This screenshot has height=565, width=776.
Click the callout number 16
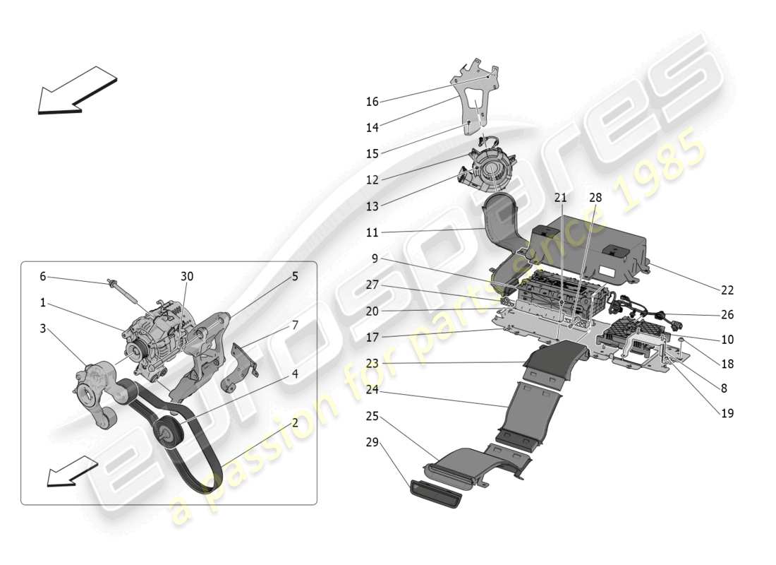click(x=372, y=102)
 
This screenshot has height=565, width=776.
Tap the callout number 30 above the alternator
click(x=187, y=276)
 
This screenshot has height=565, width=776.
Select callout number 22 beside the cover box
click(x=727, y=290)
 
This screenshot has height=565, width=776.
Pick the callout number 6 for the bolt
click(x=42, y=277)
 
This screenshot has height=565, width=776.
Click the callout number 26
click(x=727, y=315)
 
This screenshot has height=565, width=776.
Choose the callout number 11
click(x=372, y=232)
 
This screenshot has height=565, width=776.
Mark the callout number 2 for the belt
click(x=294, y=424)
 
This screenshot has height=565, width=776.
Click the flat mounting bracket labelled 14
click(x=480, y=99)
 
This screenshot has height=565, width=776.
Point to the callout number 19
click(x=727, y=413)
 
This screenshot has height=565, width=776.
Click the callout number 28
click(x=595, y=198)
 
